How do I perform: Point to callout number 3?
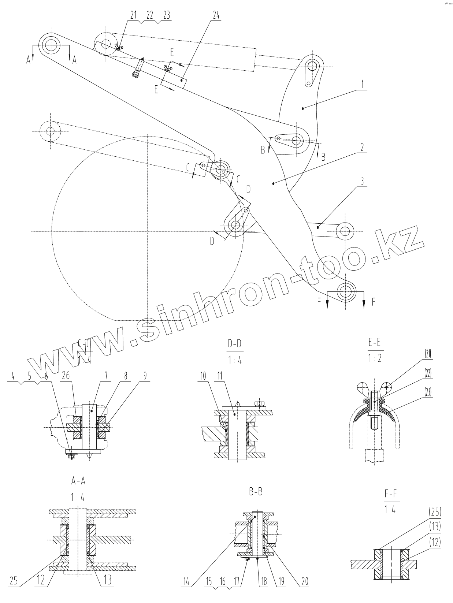click(361, 180)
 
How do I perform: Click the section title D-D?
click(235, 344)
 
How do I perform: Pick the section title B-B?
click(256, 492)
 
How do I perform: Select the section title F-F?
click(391, 495)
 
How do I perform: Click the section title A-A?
click(78, 481)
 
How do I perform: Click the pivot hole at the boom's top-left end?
click(51, 45)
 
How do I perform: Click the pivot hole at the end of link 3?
click(345, 231)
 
